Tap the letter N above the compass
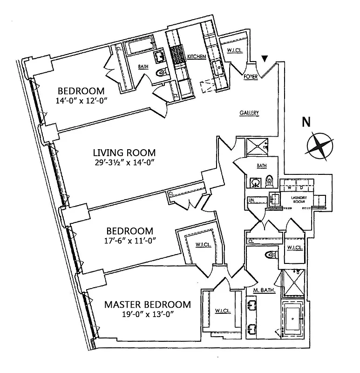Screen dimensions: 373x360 point(306,122)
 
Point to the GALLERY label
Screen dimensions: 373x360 point(249,113)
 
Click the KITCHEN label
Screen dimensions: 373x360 point(196,56)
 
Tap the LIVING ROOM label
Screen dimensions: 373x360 point(124,152)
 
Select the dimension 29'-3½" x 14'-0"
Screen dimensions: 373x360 point(124,162)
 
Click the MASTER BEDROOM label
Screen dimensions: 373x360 point(147,304)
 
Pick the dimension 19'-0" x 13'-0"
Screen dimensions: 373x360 point(147,314)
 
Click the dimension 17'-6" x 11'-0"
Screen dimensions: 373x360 point(130,241)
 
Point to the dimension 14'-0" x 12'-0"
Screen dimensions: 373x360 point(84,100)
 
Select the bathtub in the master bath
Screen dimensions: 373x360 point(292,322)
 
